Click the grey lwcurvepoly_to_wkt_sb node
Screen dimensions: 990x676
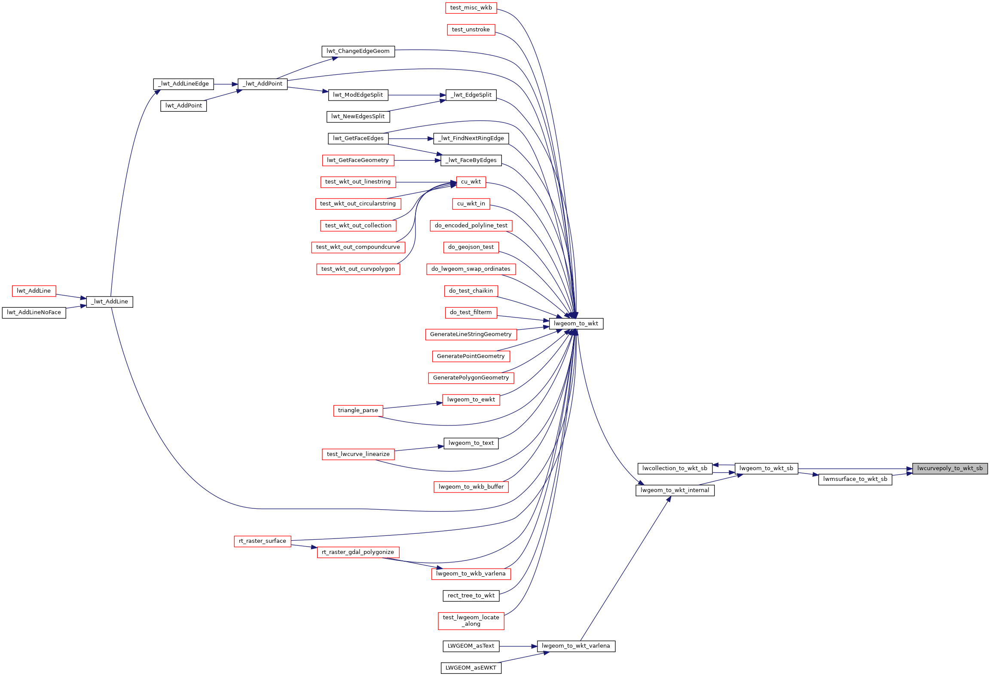(950, 468)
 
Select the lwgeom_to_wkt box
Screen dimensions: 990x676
(576, 324)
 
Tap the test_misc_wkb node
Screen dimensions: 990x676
(471, 8)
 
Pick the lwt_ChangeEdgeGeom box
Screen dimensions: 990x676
(358, 51)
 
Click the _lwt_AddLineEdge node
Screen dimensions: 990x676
(183, 84)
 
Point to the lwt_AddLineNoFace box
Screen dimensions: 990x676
(34, 312)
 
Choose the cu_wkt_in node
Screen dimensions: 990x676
(471, 204)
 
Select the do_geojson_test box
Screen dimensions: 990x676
(471, 247)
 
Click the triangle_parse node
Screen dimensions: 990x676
(358, 410)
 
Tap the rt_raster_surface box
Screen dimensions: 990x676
(263, 541)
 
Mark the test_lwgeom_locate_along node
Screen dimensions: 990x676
(471, 621)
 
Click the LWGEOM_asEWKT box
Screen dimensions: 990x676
(471, 668)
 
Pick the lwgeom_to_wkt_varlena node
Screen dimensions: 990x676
(576, 646)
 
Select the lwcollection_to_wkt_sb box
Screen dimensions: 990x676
(675, 468)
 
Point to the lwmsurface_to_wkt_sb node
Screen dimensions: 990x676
(855, 479)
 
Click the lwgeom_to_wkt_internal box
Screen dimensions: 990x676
(675, 490)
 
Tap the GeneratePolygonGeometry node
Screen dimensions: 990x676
(471, 378)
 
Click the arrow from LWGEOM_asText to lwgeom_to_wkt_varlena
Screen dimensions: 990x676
(518, 646)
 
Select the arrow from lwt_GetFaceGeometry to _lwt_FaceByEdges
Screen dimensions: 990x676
(417, 160)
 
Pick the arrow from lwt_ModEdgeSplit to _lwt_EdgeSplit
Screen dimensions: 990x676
(417, 95)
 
